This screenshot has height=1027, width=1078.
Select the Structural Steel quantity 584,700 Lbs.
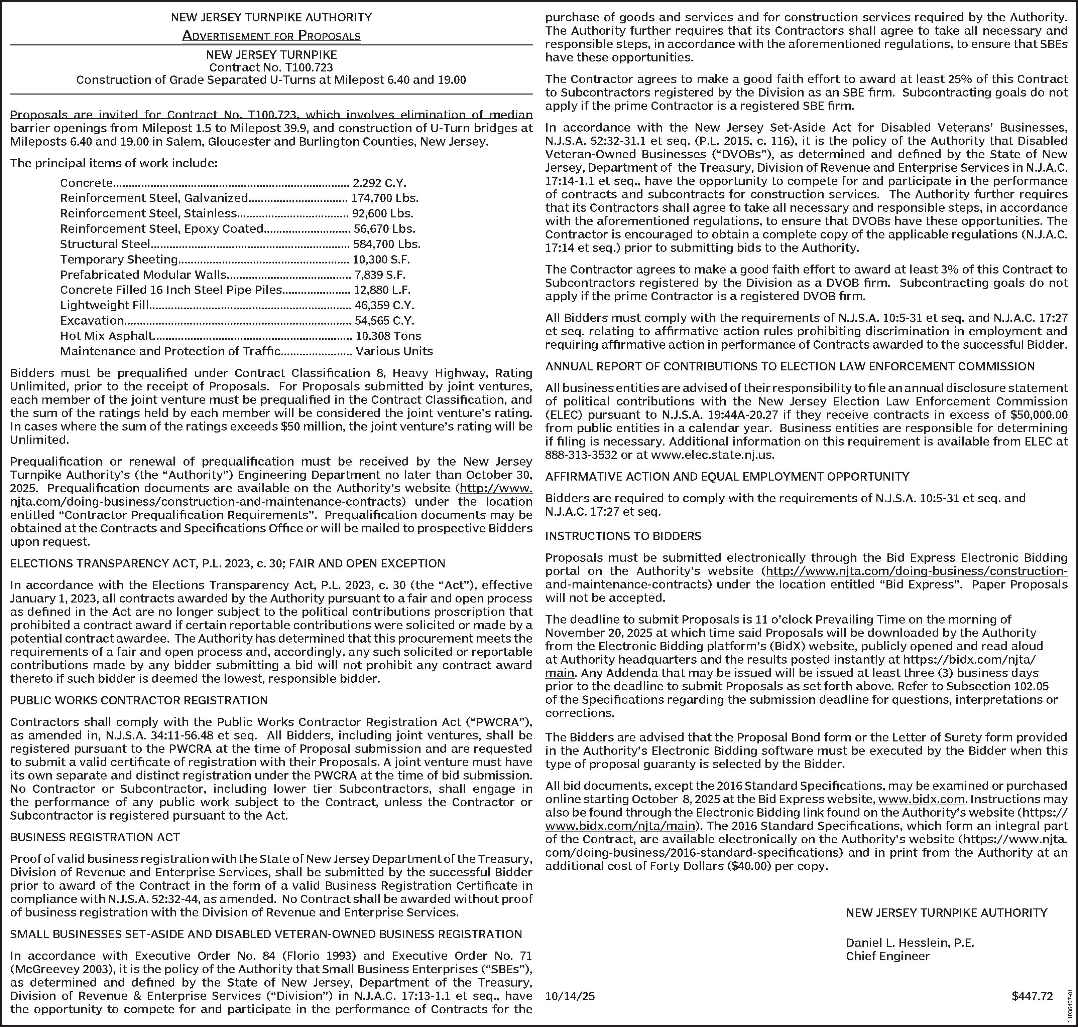(387, 244)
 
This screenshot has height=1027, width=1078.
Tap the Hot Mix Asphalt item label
(106, 336)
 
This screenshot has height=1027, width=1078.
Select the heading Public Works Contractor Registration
(139, 700)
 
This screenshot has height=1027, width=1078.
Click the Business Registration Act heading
(95, 837)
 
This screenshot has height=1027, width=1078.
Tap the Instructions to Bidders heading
(623, 536)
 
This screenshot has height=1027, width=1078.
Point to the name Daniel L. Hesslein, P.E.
(910, 943)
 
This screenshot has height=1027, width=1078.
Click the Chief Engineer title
(888, 957)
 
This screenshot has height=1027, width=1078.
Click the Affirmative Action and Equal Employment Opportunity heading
(727, 476)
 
